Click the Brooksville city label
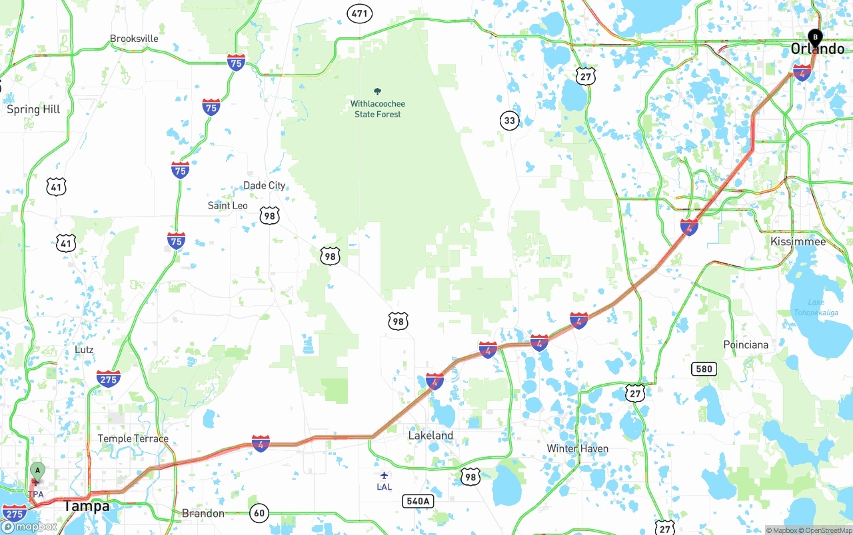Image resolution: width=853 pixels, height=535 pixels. (x=134, y=39)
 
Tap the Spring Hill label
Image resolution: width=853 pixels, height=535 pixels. (x=33, y=109)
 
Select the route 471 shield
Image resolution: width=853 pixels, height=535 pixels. (x=359, y=13)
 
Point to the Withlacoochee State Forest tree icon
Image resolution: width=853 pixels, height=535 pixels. (x=378, y=91)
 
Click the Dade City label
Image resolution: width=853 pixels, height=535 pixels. (x=264, y=185)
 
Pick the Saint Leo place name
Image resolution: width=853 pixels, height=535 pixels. (x=227, y=205)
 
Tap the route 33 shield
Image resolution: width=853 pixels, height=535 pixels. (x=510, y=121)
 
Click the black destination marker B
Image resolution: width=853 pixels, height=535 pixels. (x=814, y=37)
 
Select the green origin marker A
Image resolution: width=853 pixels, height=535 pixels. (x=37, y=471)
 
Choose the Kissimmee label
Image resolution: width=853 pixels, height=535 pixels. (x=798, y=241)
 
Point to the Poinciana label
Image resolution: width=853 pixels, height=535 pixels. (x=746, y=344)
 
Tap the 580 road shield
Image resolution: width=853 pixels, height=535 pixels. (x=704, y=368)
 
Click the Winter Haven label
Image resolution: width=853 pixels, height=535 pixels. (x=577, y=448)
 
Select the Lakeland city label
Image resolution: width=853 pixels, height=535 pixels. (x=430, y=436)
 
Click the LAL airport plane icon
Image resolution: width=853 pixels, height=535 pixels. (x=384, y=475)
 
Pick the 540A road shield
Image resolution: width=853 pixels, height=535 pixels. (x=418, y=500)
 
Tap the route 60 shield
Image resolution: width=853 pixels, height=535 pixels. (x=259, y=513)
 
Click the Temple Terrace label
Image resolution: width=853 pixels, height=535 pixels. (x=133, y=438)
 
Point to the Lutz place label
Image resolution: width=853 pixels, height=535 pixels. (x=84, y=350)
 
